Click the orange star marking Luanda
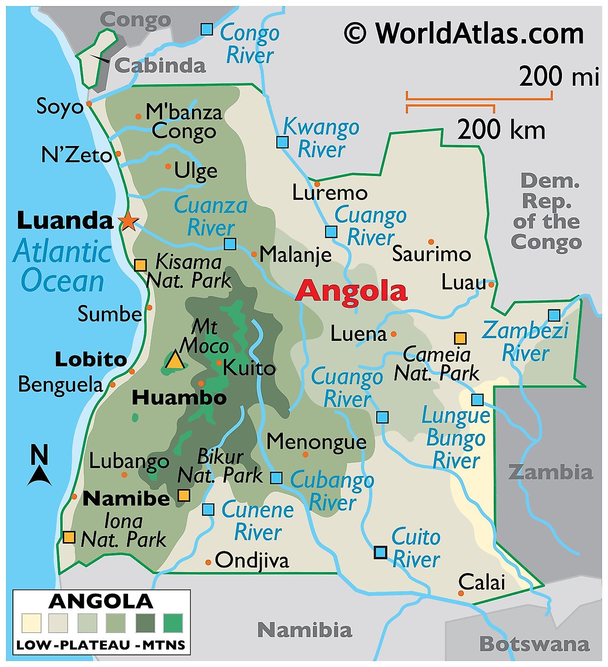pos(128,222)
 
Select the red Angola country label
pos(351,292)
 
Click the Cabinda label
pos(159,65)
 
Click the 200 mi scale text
pos(559,76)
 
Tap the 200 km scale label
pos(501,129)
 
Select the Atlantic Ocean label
pos(62,267)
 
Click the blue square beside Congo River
pos(207,29)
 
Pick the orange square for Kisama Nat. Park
pos(140,265)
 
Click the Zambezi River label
pos(525,342)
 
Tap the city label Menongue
pos(316,441)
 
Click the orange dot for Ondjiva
pos(208,562)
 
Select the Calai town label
pos(482,582)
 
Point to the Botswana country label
pos(534,644)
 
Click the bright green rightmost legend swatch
pos(173,623)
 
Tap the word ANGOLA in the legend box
pos(100,602)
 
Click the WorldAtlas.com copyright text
pos(464,34)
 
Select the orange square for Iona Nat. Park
pos(69,537)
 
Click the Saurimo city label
pos(431,254)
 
